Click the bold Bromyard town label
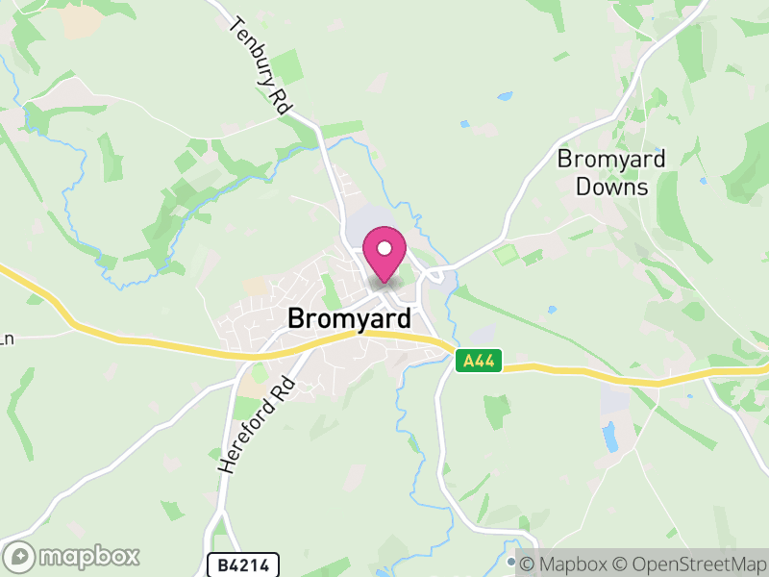(x=350, y=318)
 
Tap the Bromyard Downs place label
(x=611, y=172)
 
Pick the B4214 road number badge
(x=242, y=564)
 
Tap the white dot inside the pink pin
(x=384, y=248)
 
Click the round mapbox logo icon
(x=19, y=557)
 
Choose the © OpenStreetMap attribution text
(x=691, y=564)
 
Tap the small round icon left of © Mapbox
(x=512, y=563)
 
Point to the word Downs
(x=611, y=187)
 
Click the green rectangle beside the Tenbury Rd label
(x=285, y=68)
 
